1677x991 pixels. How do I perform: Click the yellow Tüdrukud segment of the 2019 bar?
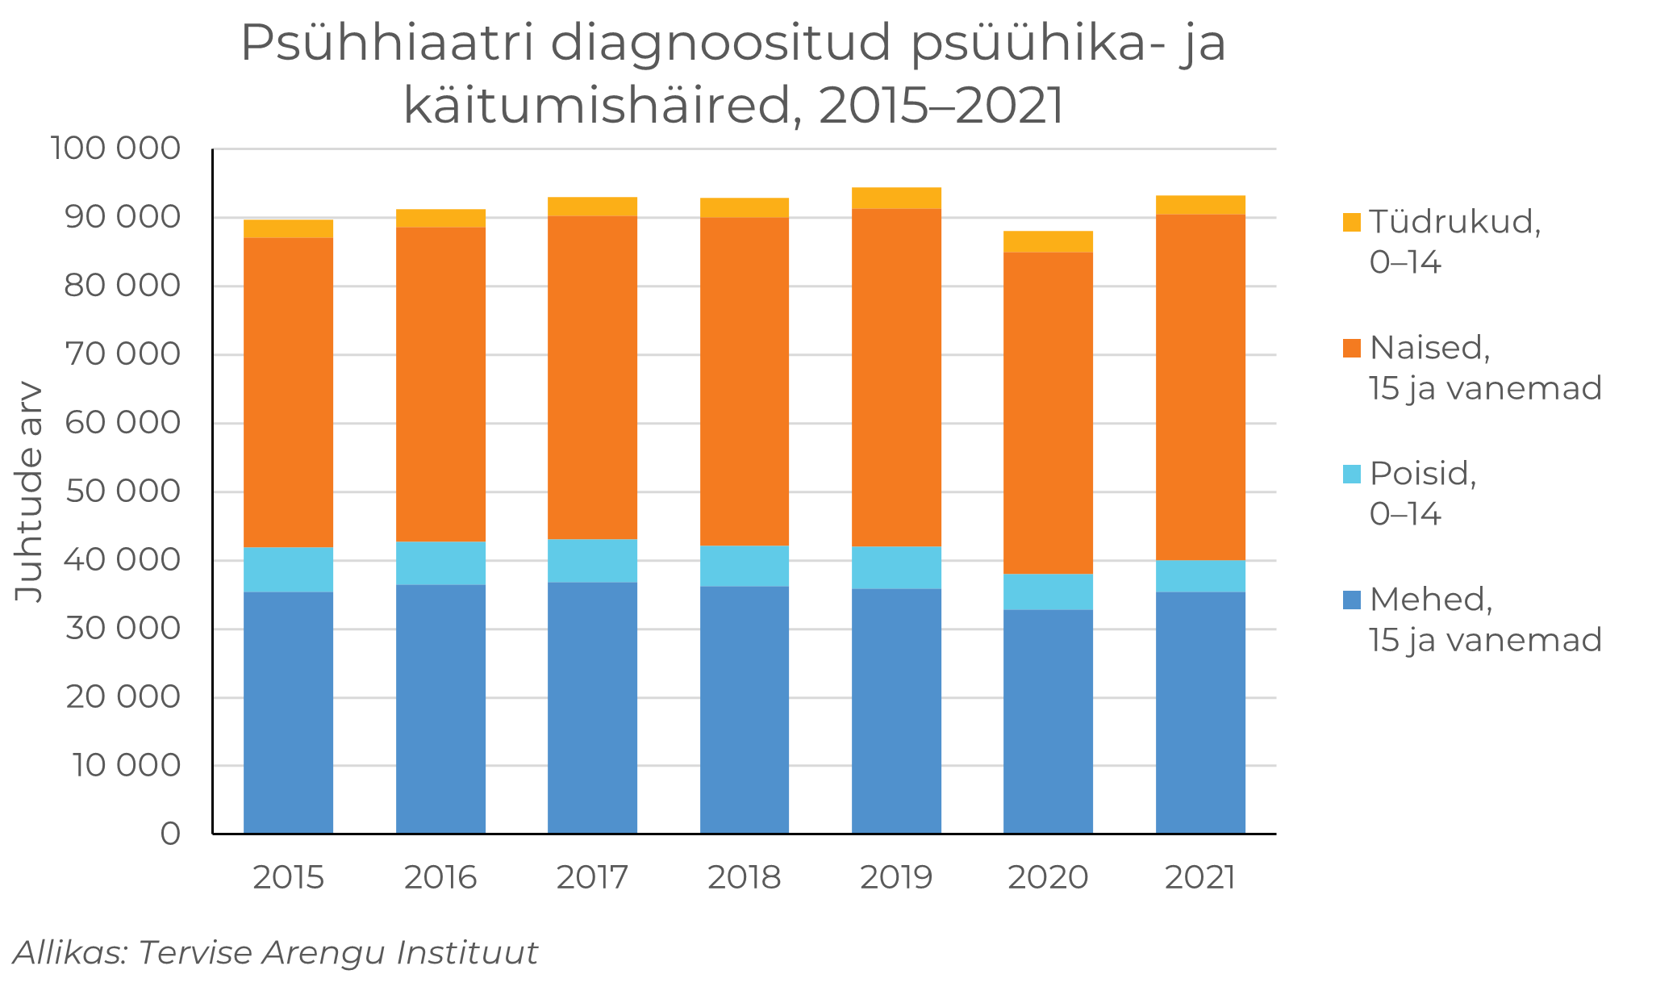[896, 199]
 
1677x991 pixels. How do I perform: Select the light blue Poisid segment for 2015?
[288, 570]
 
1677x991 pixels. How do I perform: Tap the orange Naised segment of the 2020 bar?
[1048, 413]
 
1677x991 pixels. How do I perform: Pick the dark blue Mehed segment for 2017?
[592, 708]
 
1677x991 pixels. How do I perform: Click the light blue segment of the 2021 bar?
[1200, 576]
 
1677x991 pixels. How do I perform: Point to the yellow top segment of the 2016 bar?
[440, 219]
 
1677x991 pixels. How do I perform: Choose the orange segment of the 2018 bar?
[744, 382]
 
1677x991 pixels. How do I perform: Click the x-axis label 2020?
[1048, 877]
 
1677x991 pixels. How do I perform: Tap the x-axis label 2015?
[288, 877]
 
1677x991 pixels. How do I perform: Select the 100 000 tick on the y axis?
[115, 148]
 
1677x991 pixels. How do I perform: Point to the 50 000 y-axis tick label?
[123, 491]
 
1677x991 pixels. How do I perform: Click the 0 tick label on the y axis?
[170, 834]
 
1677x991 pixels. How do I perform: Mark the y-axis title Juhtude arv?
[29, 491]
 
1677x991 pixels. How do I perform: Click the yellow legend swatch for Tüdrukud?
[1352, 222]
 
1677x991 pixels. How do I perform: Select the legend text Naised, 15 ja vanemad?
[1484, 368]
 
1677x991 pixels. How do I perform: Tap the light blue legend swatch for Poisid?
[1352, 474]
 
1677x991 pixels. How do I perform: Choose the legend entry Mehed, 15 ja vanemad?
[1484, 620]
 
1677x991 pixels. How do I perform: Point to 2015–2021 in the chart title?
[941, 105]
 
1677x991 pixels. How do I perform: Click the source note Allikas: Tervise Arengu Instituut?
[275, 953]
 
